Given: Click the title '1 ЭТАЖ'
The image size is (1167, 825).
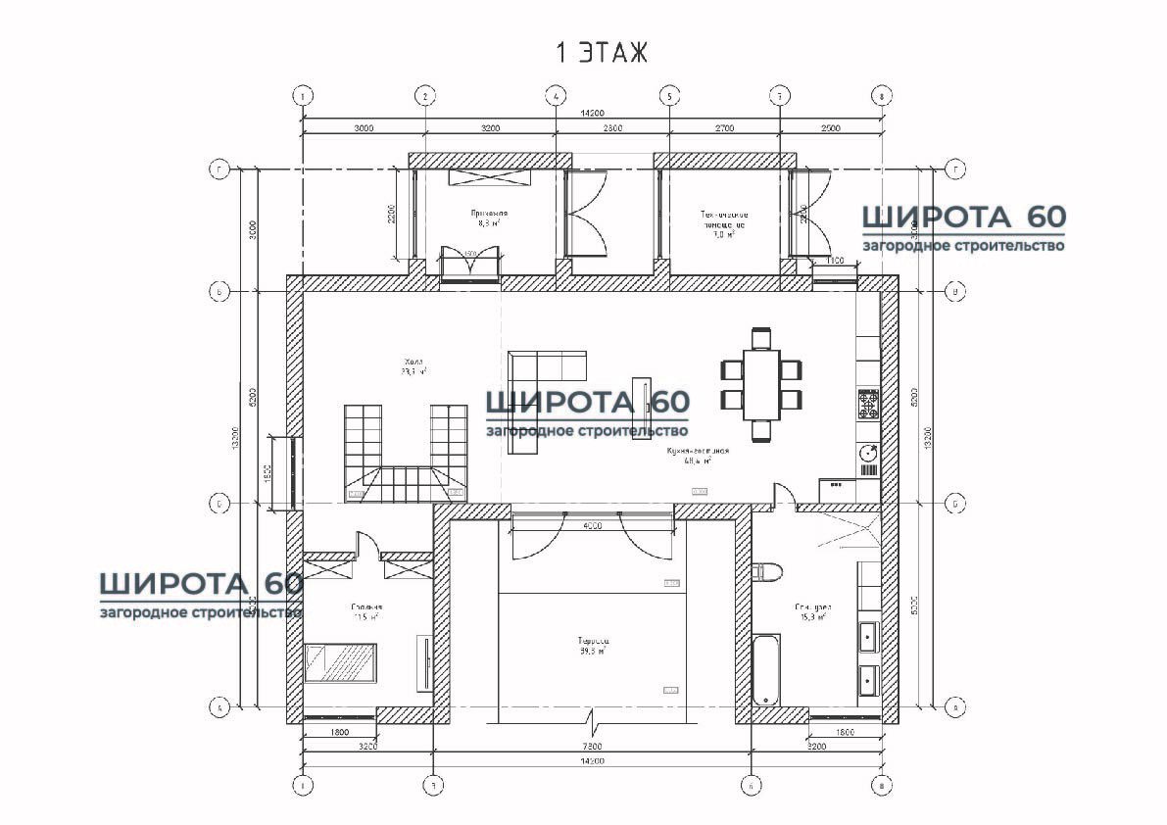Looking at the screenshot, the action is [602, 53].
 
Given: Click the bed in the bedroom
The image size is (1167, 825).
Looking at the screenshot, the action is [340, 662].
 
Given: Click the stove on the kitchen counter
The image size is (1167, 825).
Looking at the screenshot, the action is [868, 403].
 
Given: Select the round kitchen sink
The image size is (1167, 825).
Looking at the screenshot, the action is [868, 453].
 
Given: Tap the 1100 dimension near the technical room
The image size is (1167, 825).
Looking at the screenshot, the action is [835, 261].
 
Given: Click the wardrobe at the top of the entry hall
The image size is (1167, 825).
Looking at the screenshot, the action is [488, 176].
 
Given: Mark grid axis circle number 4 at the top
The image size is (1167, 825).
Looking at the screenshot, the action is [556, 96].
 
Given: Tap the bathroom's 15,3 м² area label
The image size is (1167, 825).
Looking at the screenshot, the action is [813, 617].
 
